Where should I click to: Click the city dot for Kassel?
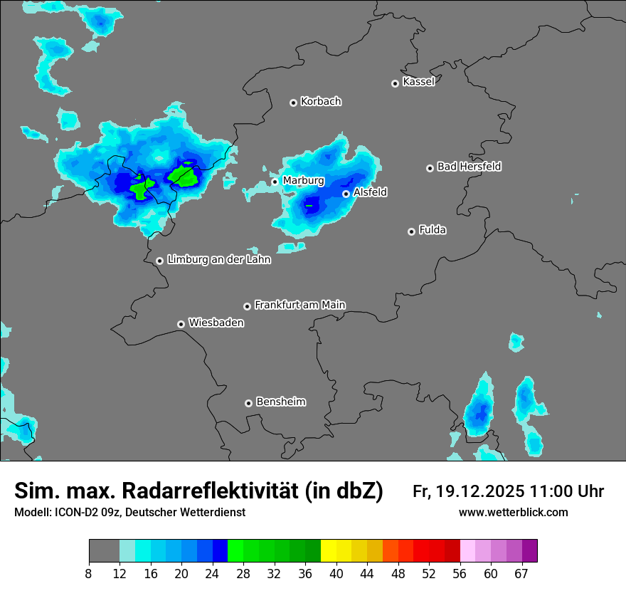396,83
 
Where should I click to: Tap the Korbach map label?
321,101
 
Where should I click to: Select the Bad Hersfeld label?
469,167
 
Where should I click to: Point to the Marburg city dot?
275,182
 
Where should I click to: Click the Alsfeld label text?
370,192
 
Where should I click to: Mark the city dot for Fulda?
411,231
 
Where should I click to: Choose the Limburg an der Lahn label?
218,260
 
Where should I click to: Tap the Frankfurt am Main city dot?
248,306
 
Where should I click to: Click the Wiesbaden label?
216,323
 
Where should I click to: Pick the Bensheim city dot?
248,403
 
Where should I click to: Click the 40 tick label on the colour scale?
336,574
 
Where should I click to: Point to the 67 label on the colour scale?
521,574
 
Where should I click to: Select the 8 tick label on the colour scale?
88,574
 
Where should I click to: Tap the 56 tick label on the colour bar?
460,574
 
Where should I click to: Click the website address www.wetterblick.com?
513,512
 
